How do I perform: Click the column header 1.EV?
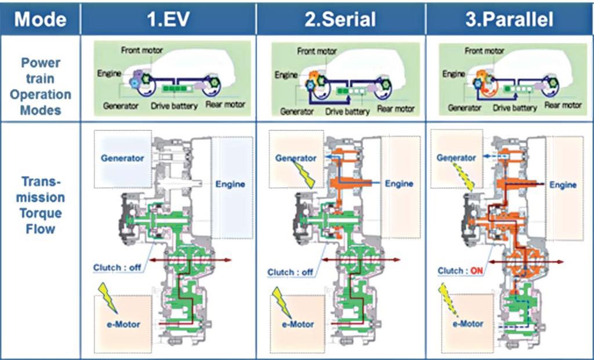tap(168, 19)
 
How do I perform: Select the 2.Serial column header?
tap(341, 19)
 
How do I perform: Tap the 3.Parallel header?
tap(509, 19)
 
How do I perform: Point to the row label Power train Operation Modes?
tap(41, 86)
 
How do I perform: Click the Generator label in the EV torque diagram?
tap(122, 158)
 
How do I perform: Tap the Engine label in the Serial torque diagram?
tap(400, 184)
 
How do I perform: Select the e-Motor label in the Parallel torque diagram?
tap(467, 323)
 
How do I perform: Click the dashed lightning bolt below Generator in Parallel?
tap(465, 177)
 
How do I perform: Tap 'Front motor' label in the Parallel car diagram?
tap(484, 51)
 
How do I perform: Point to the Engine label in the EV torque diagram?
tap(230, 184)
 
